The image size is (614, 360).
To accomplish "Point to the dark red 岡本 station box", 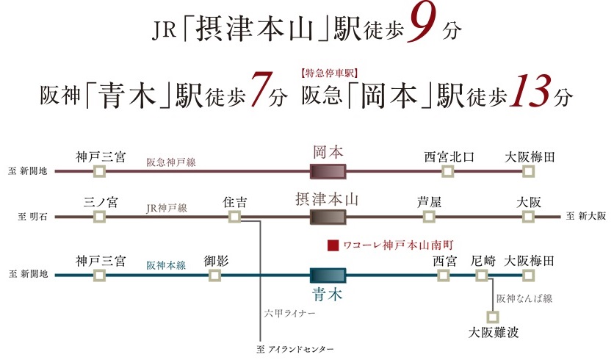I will click(328, 172).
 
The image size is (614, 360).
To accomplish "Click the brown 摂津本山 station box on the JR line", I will click(328, 217).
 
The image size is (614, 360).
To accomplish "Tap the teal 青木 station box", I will click(328, 275).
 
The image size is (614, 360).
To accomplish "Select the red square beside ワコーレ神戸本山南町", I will click(332, 245).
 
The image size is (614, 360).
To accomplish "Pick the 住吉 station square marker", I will click(234, 217).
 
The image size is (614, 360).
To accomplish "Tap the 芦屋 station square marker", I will click(429, 217).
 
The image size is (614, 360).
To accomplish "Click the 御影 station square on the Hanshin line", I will click(215, 275).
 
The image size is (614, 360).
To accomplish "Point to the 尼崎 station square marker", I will click(482, 275).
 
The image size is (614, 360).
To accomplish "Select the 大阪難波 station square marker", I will click(493, 317).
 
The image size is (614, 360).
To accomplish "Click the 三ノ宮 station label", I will click(101, 200).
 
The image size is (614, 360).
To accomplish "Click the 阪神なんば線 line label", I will click(524, 298).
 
